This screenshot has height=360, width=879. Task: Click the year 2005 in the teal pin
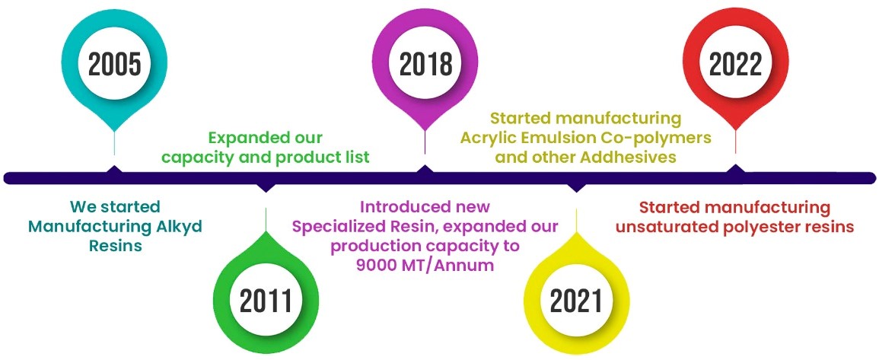(114, 65)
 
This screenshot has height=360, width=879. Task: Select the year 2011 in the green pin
(266, 301)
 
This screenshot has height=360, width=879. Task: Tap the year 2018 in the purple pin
(425, 65)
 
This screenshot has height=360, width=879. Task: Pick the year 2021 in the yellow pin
(576, 301)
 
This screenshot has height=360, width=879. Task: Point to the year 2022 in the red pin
(735, 65)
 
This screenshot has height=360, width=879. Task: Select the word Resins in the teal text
(115, 246)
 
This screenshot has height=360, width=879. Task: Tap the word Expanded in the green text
(240, 139)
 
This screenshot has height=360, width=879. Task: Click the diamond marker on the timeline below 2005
(114, 170)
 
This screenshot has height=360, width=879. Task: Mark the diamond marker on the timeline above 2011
(266, 187)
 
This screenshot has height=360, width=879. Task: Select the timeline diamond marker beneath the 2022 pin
(735, 169)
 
